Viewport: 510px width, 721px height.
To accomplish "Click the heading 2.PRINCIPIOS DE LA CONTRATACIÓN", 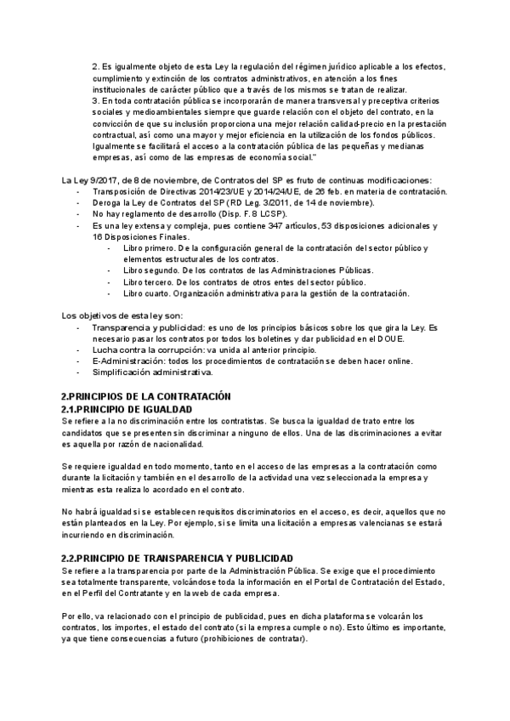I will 146,397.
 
